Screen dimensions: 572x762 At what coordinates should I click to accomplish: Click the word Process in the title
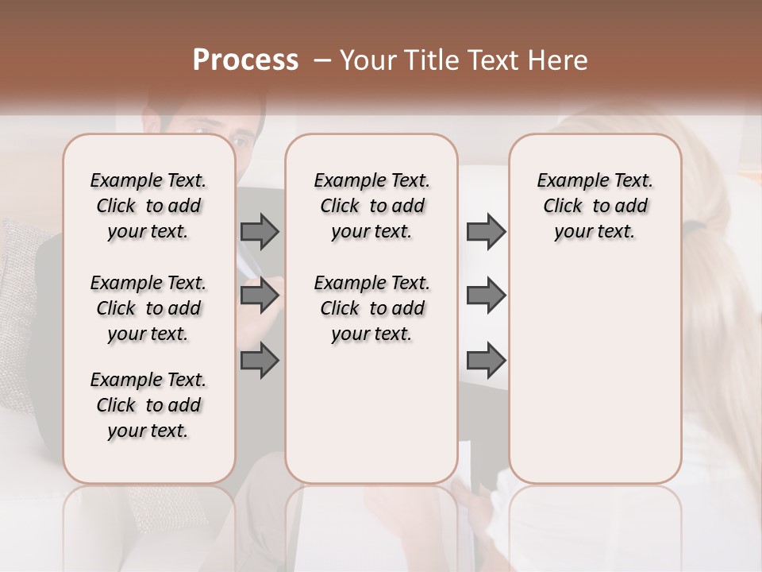click(x=245, y=60)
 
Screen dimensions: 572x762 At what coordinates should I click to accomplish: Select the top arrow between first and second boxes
click(x=260, y=232)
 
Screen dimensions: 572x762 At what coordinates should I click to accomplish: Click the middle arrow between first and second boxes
click(x=260, y=296)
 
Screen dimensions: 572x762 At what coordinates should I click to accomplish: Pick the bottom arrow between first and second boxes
click(x=260, y=361)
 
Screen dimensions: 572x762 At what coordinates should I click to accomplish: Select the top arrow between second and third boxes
click(x=486, y=232)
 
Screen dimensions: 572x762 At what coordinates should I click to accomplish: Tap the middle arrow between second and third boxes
click(x=486, y=296)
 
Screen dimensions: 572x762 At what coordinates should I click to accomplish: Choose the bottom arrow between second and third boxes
click(x=486, y=361)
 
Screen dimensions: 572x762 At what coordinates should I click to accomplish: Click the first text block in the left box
click(x=148, y=206)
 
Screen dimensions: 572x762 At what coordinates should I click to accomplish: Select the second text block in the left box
click(x=148, y=308)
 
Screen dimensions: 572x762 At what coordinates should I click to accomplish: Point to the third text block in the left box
click(x=148, y=405)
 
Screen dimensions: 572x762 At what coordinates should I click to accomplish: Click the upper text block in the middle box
click(x=372, y=206)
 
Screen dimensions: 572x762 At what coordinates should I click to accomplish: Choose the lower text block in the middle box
click(x=372, y=308)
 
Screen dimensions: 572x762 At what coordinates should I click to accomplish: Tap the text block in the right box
click(x=595, y=206)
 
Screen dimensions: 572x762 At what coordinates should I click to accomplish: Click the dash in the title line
click(x=322, y=60)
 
